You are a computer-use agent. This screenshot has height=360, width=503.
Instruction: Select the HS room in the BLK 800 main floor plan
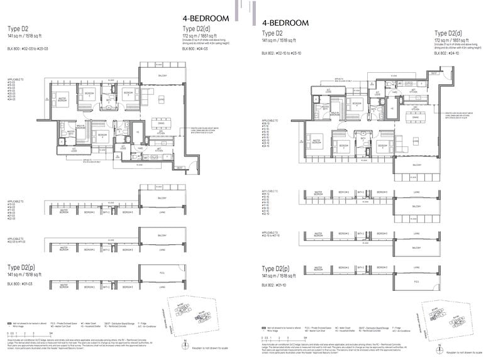(138, 132)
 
